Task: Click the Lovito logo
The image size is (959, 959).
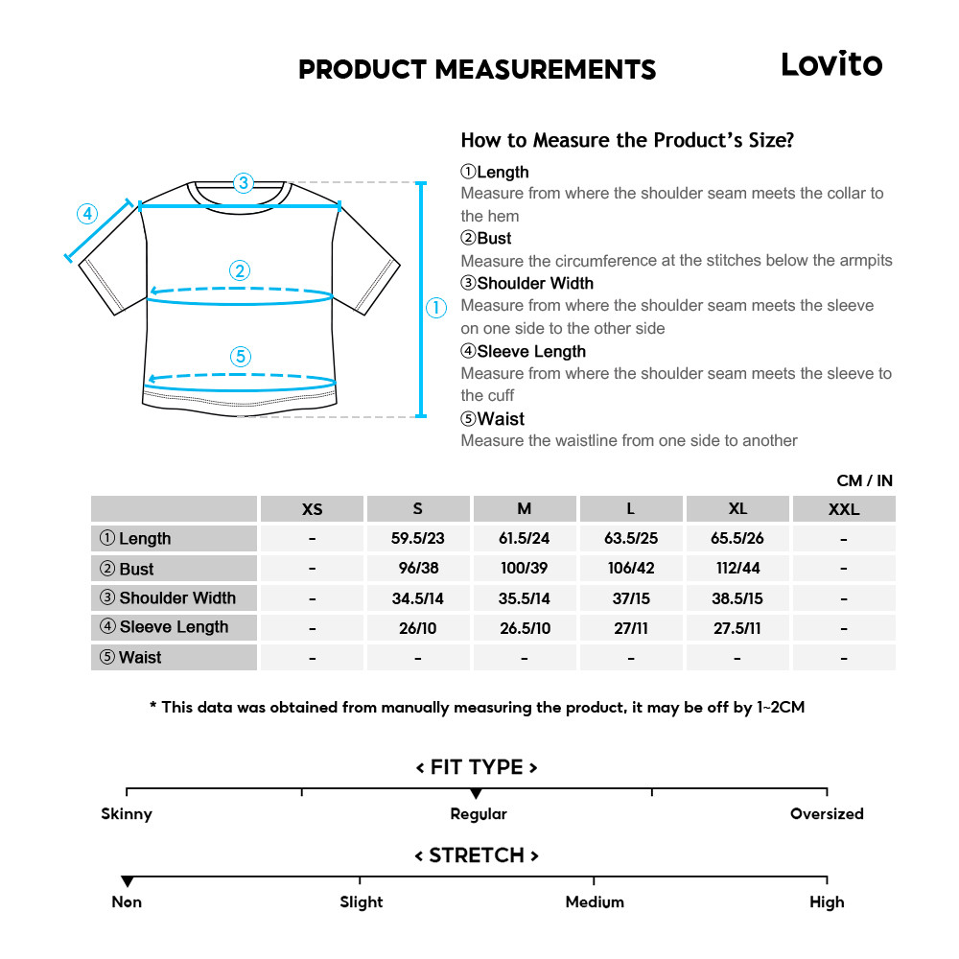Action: click(x=830, y=64)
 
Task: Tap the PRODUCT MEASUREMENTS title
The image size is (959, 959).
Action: click(x=477, y=70)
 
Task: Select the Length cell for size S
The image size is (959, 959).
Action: click(x=417, y=539)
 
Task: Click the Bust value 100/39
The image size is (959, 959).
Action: click(x=524, y=569)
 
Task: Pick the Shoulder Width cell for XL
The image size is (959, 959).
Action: click(x=737, y=598)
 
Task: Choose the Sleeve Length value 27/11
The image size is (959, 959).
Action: click(x=630, y=628)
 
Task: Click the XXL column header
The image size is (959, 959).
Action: click(x=843, y=509)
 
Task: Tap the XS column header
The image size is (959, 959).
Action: click(x=312, y=509)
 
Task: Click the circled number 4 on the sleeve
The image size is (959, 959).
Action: click(x=87, y=213)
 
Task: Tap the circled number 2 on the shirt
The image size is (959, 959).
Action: click(x=241, y=270)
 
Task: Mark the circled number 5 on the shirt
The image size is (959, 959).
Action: click(x=241, y=357)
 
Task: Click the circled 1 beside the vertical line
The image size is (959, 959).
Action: click(x=436, y=307)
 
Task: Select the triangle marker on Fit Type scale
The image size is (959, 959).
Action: click(x=477, y=794)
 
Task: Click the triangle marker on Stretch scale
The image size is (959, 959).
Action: click(x=127, y=881)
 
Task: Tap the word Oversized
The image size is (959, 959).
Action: click(x=827, y=814)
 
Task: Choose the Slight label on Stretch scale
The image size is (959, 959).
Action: click(x=361, y=902)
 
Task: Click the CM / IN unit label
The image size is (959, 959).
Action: click(x=864, y=480)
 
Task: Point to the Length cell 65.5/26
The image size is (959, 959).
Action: click(x=737, y=539)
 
